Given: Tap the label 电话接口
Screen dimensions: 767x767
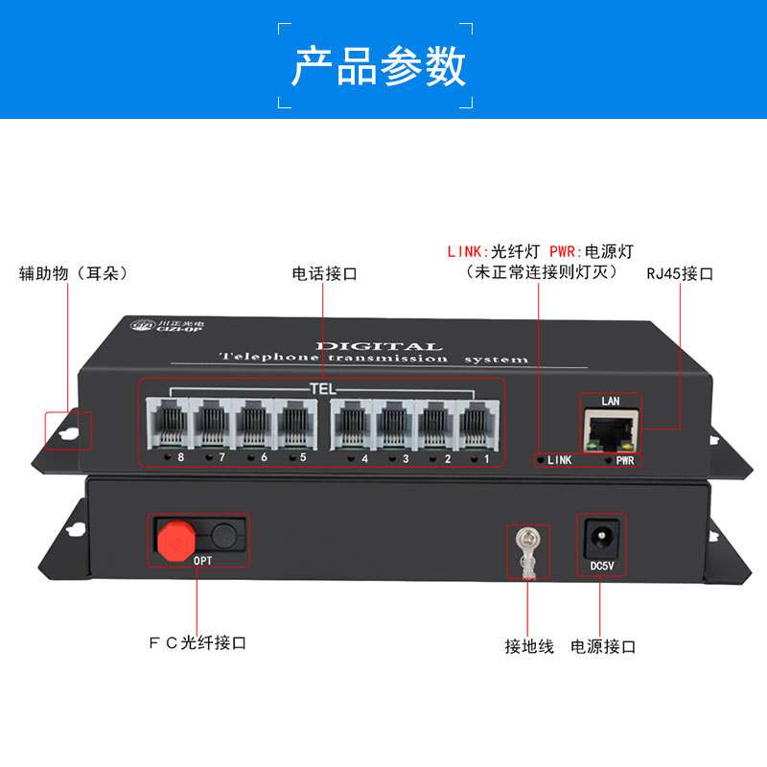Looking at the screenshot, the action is coord(324,273).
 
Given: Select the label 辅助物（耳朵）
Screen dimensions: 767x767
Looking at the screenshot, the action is coord(74,273).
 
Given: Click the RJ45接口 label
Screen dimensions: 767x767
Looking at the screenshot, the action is coord(680,273).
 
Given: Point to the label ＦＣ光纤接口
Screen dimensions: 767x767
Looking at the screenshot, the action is coord(198,642).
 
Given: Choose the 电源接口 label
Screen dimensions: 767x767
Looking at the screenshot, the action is coord(603,646).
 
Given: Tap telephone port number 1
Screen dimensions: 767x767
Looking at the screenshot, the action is coord(477,422).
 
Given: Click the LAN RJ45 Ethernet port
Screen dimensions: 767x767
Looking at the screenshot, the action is coord(610,427).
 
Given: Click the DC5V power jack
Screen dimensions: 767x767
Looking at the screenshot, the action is coord(600,535).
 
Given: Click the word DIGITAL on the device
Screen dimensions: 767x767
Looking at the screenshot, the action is coord(378,346).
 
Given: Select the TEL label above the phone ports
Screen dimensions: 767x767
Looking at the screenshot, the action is coord(322,389).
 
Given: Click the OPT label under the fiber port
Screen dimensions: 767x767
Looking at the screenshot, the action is coord(203,560).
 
